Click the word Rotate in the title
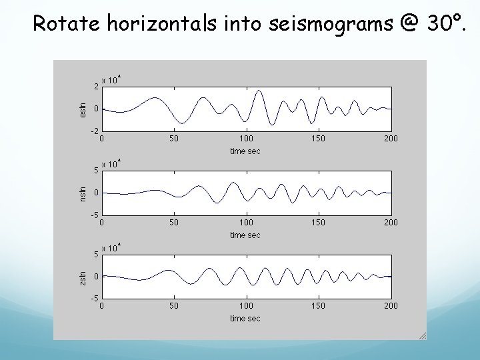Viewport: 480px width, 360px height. [x=61, y=24]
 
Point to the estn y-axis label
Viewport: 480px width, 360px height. [x=82, y=109]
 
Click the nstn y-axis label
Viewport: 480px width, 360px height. [x=82, y=193]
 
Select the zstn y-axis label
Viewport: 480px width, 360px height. [x=82, y=276]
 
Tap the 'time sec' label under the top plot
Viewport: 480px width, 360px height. [x=245, y=151]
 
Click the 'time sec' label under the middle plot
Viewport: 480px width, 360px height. [x=245, y=235]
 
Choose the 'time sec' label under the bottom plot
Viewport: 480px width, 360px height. [x=245, y=319]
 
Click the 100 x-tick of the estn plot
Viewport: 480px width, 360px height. [x=246, y=139]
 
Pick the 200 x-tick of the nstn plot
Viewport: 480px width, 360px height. [x=391, y=222]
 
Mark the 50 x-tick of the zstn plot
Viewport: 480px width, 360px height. [x=173, y=306]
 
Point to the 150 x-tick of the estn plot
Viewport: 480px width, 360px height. [x=319, y=139]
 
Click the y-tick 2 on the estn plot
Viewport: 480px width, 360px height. [x=96, y=87]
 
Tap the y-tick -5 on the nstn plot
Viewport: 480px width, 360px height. [x=95, y=215]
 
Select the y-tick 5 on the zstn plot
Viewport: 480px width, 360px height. [x=96, y=254]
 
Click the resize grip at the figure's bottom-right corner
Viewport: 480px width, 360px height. [x=422, y=335]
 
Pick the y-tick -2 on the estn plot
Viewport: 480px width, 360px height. [x=95, y=131]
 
